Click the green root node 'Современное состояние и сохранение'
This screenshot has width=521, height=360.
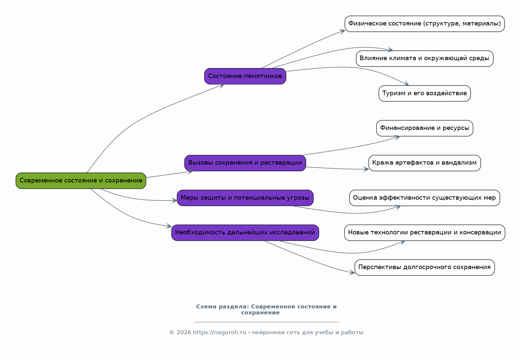coord(81,180)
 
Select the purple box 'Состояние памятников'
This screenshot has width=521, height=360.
coord(245,76)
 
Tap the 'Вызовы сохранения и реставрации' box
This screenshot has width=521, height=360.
coord(245,163)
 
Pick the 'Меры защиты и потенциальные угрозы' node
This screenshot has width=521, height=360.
coord(245,198)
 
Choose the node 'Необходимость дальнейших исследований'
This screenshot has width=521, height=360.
coord(245,233)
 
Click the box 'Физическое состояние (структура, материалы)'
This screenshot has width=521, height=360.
coord(425,24)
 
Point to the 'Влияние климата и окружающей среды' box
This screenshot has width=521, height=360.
coord(425,59)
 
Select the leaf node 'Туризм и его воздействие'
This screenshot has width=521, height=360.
coord(425,94)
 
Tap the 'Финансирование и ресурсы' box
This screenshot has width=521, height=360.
coord(425,128)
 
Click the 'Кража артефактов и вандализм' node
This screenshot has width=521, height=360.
coord(425,163)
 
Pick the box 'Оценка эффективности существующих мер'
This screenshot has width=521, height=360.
coord(425,198)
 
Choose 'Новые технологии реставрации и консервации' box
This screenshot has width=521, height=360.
coord(425,233)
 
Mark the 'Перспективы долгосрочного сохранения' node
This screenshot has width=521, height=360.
coord(425,267)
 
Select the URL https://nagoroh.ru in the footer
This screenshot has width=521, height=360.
coord(219,333)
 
